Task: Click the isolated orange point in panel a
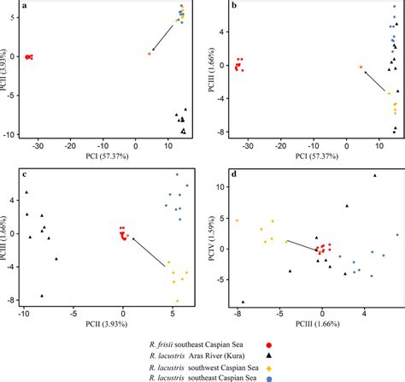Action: tap(149, 53)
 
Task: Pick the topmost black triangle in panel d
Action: tap(374, 176)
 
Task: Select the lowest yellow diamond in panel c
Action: tap(178, 301)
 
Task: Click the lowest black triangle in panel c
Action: tap(42, 296)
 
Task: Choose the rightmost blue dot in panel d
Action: tap(396, 234)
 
